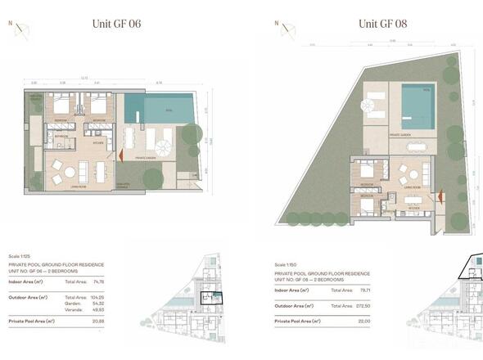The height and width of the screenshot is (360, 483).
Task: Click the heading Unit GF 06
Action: click(117, 23)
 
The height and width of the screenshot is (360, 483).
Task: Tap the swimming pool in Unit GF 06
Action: click(169, 106)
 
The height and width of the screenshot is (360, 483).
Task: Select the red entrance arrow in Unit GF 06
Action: click(121, 153)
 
